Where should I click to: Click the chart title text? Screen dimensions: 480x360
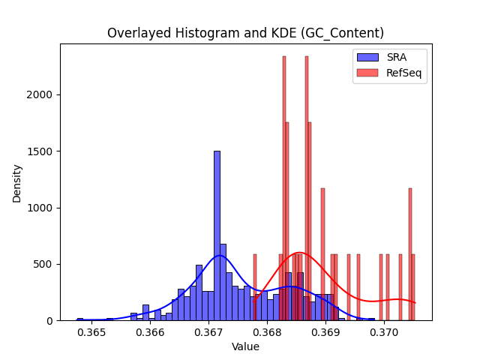click(x=245, y=33)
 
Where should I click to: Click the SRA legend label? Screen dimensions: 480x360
click(x=397, y=57)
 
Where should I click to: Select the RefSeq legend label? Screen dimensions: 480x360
click(x=403, y=73)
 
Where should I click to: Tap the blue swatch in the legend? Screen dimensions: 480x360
click(x=367, y=57)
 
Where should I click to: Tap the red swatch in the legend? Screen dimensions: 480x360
click(x=367, y=73)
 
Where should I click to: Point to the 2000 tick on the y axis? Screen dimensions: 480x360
click(x=40, y=95)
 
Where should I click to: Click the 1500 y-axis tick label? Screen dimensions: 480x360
click(x=40, y=151)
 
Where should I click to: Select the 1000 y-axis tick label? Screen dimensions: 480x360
click(x=40, y=208)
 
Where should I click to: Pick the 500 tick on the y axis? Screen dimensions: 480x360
click(x=43, y=265)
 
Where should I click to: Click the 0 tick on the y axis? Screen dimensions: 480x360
click(x=49, y=321)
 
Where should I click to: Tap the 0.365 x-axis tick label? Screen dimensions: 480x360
click(x=91, y=333)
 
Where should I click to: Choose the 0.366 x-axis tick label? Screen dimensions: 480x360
click(x=150, y=333)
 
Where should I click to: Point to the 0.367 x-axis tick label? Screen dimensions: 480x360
click(x=208, y=333)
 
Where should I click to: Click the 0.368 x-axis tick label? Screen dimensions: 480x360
click(x=267, y=333)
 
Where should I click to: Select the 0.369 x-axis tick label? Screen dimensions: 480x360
click(x=325, y=333)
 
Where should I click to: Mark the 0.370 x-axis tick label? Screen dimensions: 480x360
click(x=384, y=333)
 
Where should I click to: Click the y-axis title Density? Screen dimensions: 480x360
click(x=16, y=184)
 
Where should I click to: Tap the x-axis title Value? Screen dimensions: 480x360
click(x=245, y=346)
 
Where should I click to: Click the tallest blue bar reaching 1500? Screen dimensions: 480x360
click(x=217, y=235)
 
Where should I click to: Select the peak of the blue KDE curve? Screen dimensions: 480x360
click(x=219, y=255)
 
